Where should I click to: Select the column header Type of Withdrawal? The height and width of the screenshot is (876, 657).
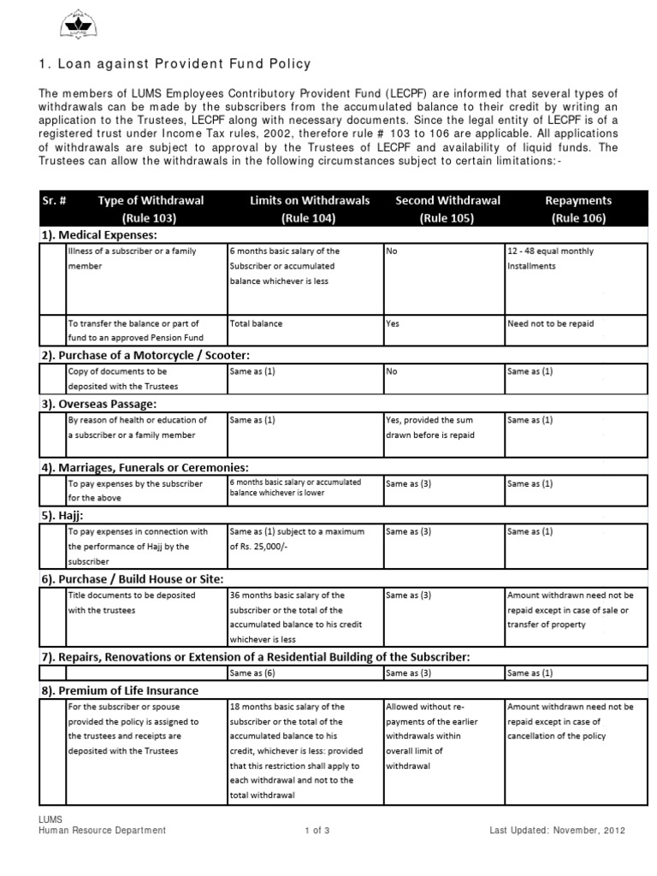[x=151, y=209]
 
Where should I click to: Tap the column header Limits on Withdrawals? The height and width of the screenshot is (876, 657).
[x=310, y=209]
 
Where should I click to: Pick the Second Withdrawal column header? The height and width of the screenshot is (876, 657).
[x=447, y=209]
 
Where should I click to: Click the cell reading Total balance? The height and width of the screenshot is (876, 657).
[x=256, y=324]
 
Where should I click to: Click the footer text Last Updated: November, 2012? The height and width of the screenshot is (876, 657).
[x=558, y=830]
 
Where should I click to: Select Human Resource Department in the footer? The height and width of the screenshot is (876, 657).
[x=103, y=830]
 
